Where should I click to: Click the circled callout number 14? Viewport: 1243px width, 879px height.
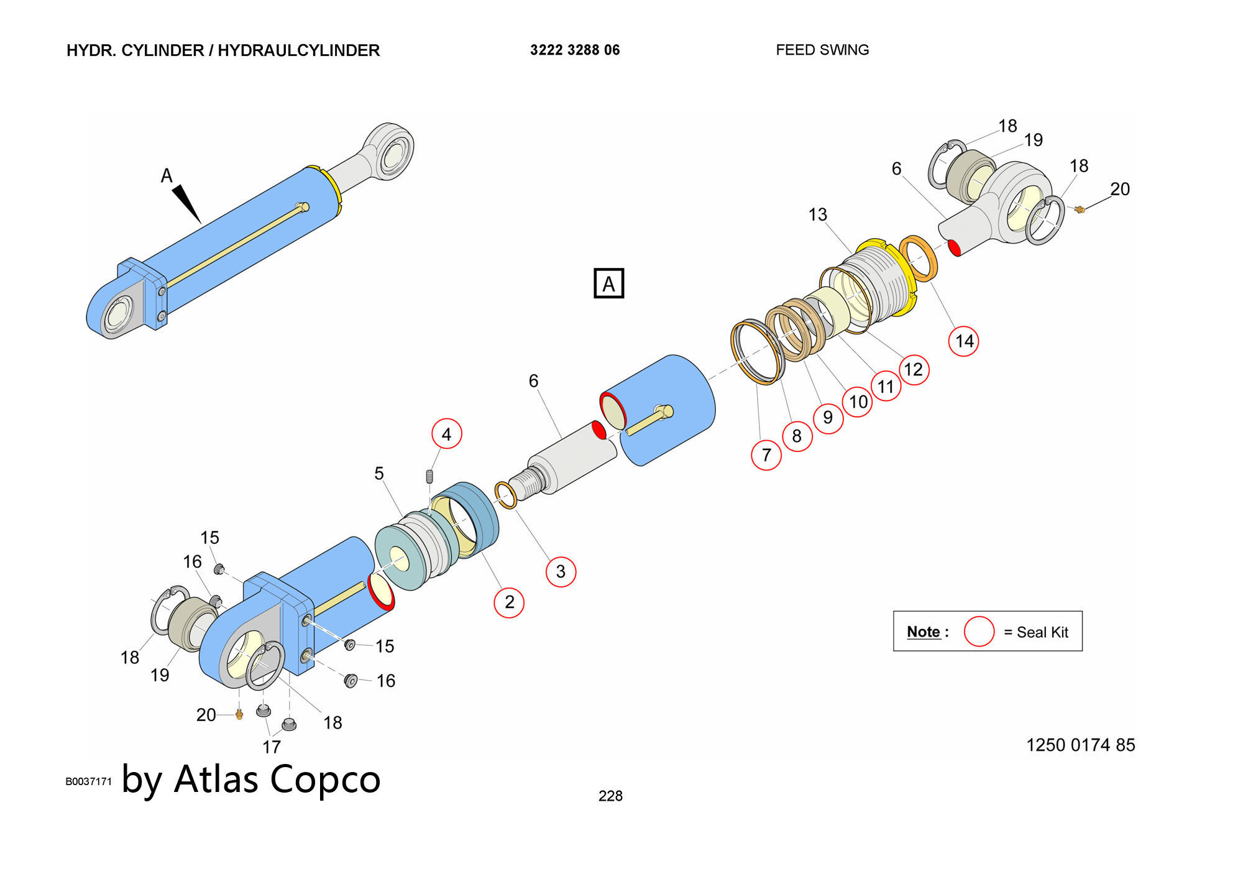(963, 341)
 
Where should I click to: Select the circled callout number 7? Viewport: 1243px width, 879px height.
(766, 454)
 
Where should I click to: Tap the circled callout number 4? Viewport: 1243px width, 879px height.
(446, 434)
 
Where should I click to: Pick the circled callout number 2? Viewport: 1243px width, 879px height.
(509, 602)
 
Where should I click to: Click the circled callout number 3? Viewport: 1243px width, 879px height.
(561, 571)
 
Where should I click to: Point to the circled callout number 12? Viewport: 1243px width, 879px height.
(913, 370)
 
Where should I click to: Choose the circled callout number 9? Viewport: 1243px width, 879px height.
(828, 417)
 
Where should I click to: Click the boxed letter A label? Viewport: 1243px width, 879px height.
(608, 283)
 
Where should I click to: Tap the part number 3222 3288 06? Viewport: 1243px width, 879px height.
(575, 50)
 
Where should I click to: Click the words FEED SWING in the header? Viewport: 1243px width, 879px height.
(822, 50)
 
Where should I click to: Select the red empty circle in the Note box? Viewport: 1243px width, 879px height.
(979, 632)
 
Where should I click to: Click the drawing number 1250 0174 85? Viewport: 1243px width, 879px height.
(1080, 745)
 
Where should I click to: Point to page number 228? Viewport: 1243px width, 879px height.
(610, 796)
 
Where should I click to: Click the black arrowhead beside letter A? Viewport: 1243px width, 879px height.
(187, 203)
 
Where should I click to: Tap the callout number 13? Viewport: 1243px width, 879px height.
(817, 214)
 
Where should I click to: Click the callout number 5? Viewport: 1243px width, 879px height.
(378, 474)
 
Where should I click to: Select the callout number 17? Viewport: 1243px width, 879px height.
(272, 747)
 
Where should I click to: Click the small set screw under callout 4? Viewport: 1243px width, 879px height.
(429, 477)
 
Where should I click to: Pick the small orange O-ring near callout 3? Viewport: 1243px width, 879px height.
(506, 495)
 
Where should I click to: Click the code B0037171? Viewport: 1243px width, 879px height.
(88, 781)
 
